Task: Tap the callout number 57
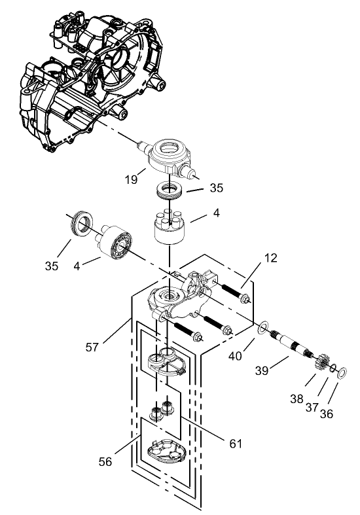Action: click(x=92, y=346)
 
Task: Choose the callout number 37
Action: click(x=312, y=407)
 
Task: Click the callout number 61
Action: click(x=236, y=443)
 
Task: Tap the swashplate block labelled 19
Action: click(x=168, y=156)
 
